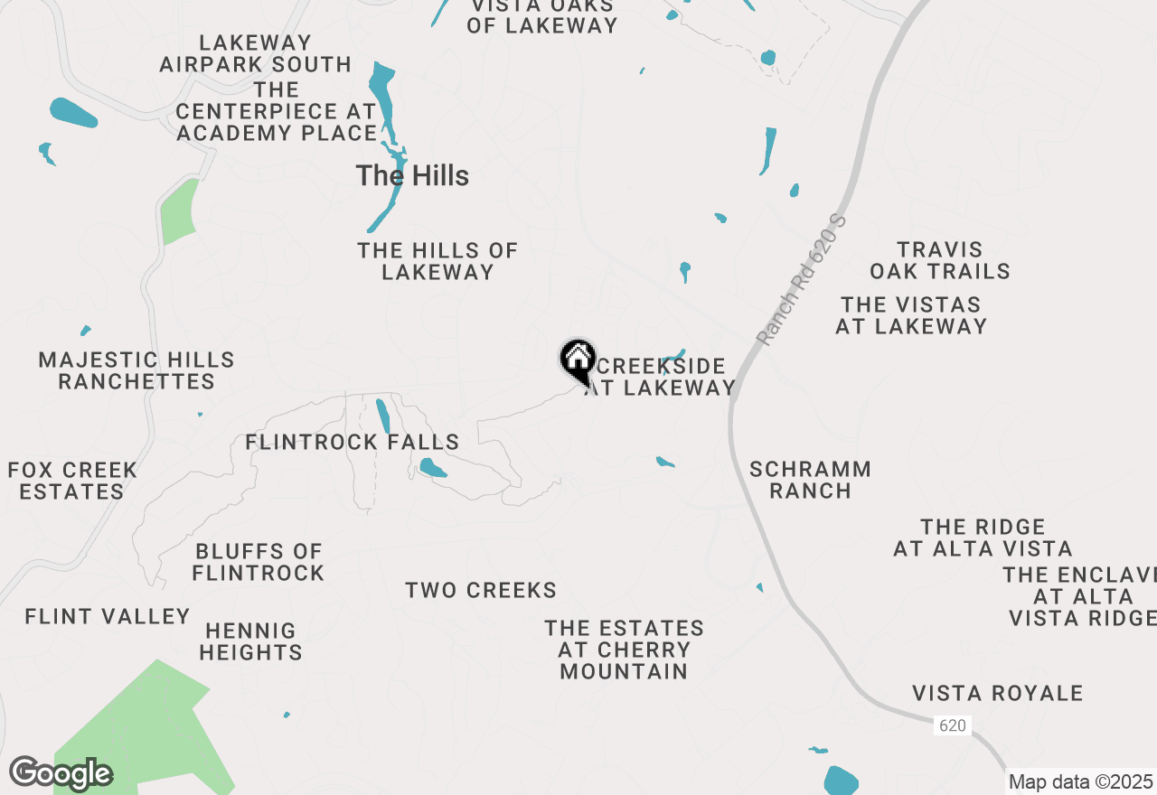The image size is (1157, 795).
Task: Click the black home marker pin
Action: click(x=578, y=360)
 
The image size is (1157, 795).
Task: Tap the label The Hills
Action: click(x=412, y=175)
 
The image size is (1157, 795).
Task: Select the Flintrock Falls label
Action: click(x=353, y=442)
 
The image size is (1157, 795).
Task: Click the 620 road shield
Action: click(x=951, y=725)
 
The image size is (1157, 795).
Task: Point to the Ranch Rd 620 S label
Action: click(x=803, y=281)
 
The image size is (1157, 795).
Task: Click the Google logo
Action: click(x=61, y=774)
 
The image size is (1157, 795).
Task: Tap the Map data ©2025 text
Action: click(x=1080, y=781)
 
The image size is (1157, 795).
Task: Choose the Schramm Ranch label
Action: click(x=810, y=480)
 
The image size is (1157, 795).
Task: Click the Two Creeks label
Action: click(x=481, y=591)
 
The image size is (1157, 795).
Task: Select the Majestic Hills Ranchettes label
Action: click(x=136, y=370)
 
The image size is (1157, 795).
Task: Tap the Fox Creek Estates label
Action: click(x=72, y=481)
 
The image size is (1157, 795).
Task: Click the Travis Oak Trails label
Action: click(x=940, y=260)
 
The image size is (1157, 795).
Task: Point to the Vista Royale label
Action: click(x=998, y=693)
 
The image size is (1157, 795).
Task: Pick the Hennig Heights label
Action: click(x=251, y=641)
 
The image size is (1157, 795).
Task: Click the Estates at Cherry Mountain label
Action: click(x=624, y=650)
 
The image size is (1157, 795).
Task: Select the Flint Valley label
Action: click(x=108, y=616)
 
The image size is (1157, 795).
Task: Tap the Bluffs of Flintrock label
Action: click(x=259, y=562)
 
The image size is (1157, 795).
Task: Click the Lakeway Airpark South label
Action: click(x=256, y=53)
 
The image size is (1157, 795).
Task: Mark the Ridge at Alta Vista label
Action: click(x=983, y=538)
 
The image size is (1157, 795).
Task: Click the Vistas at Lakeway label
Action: click(x=911, y=315)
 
